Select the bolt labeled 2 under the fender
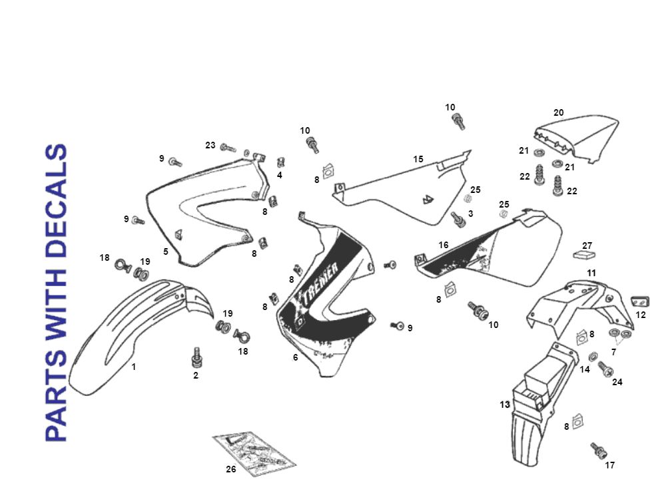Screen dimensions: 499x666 (x=196, y=357)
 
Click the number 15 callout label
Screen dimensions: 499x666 (x=418, y=159)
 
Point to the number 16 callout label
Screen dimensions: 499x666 (x=444, y=246)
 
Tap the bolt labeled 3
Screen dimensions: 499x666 (x=458, y=219)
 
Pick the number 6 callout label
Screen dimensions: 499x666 (x=295, y=357)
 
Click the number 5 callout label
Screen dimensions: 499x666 (x=166, y=251)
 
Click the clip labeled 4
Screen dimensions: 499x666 (x=281, y=163)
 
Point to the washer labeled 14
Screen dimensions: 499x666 (x=593, y=355)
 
